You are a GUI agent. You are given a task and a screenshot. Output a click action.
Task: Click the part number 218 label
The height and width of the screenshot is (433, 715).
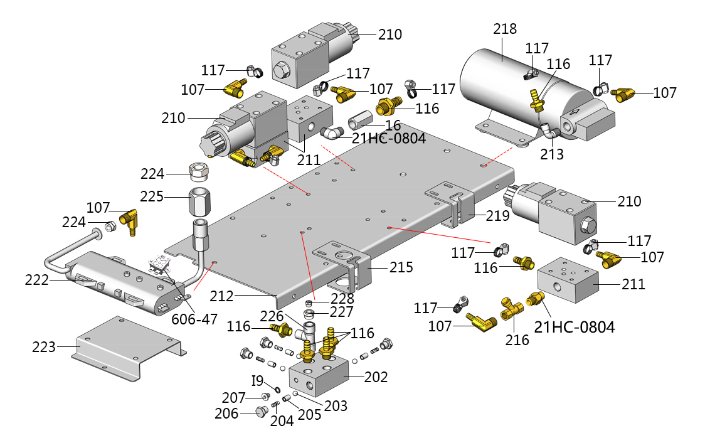pos(505,29)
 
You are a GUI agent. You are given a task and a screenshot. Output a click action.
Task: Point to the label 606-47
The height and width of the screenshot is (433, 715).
pos(194,319)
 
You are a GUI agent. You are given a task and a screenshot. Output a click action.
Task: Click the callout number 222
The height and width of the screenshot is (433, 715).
pos(37,280)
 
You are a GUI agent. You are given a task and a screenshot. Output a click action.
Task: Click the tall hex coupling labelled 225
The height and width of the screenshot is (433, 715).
pos(201,201)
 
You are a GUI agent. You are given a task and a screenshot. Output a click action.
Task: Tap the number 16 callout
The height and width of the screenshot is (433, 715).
pos(393,124)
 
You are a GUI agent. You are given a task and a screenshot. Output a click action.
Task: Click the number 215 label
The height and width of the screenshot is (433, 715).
pos(401,267)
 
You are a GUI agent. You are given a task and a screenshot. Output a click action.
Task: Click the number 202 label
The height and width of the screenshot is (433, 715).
pos(376,377)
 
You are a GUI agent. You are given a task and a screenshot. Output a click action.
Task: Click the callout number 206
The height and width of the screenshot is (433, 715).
pos(226,414)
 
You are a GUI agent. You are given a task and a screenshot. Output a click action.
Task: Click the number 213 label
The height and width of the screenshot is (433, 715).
pos(553,154)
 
